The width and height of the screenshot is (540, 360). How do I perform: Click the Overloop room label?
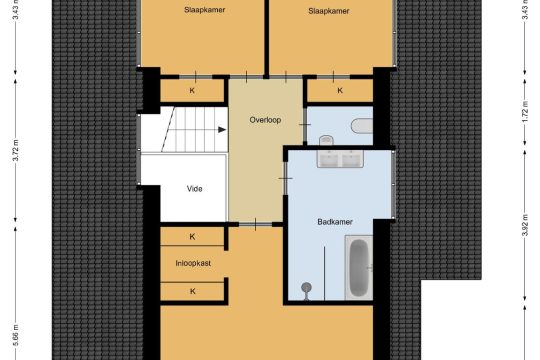[x=265, y=120]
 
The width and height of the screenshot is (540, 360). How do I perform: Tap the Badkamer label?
[x=335, y=222]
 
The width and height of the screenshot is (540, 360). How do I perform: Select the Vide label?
[x=194, y=188]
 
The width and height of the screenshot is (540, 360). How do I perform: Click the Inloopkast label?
[x=193, y=263]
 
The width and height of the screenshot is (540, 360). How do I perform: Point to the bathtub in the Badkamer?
[x=359, y=267]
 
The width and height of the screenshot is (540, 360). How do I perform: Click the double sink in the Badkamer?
[x=340, y=158]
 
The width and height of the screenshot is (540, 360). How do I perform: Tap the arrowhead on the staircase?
[x=222, y=130]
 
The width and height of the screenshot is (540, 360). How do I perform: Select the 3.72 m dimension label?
[x=15, y=150]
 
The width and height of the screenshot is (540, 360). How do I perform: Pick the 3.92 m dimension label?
[x=525, y=226]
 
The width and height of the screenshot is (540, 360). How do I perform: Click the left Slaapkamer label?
[x=205, y=10]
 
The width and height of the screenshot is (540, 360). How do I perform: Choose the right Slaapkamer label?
[x=329, y=11]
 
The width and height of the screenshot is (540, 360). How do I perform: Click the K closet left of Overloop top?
[x=192, y=91]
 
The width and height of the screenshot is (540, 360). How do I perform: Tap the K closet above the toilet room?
[x=340, y=90]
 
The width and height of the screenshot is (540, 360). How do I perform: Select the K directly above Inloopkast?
[x=192, y=237]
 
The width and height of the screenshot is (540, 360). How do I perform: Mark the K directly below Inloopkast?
[x=193, y=291]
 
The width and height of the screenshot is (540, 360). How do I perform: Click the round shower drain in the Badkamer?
[x=306, y=288]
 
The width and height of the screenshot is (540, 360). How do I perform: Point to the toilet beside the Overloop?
[x=362, y=126]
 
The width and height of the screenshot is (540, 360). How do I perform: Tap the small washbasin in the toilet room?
[x=326, y=140]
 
